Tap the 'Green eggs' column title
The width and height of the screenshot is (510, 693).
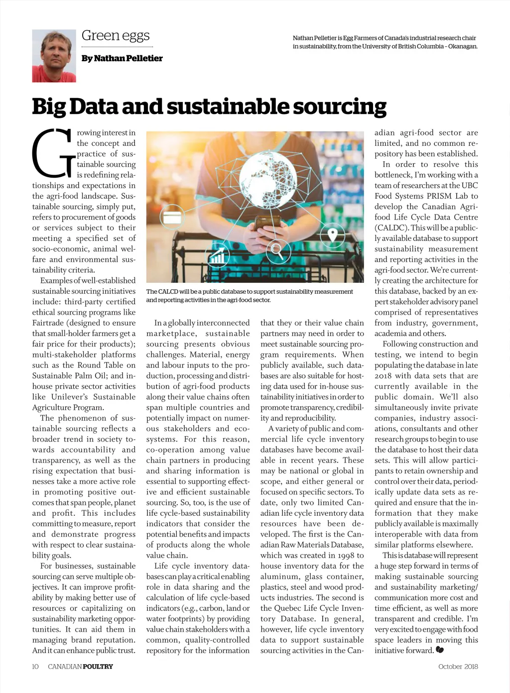116,35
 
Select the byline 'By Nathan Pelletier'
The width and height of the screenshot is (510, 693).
122,58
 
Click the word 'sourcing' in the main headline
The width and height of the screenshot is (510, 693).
339,107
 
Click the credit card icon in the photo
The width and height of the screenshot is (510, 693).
172,218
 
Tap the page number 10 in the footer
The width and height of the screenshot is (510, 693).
35,666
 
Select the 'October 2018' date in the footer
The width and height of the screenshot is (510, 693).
458,666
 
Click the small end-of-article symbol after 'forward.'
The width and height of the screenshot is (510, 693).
439,650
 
